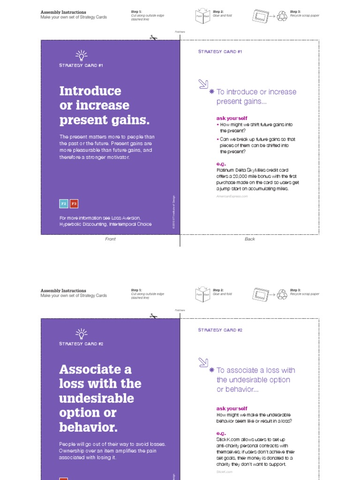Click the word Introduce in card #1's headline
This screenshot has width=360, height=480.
coord(90,91)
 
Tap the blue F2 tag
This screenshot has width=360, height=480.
coord(64,203)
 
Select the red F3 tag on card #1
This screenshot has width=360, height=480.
coord(74,203)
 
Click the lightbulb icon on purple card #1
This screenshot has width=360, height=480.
coord(82,55)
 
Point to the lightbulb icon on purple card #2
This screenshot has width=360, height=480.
coord(82,334)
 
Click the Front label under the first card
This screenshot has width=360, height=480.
coord(110,239)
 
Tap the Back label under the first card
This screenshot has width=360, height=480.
coord(250,239)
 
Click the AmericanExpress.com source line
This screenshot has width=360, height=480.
coord(232,196)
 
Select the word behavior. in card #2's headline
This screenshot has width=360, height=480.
coord(88,427)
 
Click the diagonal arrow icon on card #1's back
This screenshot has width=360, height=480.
coord(203,84)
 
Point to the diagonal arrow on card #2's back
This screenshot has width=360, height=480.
coord(203,362)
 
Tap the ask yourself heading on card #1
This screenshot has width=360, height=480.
coord(232,118)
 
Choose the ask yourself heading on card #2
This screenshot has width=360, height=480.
coord(232,408)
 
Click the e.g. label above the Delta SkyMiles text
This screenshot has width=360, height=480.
coord(221,164)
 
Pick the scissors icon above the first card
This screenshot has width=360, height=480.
coord(153,37)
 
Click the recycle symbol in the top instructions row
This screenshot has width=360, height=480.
coord(282,16)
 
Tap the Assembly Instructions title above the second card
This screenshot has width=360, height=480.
coord(63,291)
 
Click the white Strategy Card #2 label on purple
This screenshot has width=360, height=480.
coord(81,344)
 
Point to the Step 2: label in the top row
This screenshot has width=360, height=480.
coord(218,11)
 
